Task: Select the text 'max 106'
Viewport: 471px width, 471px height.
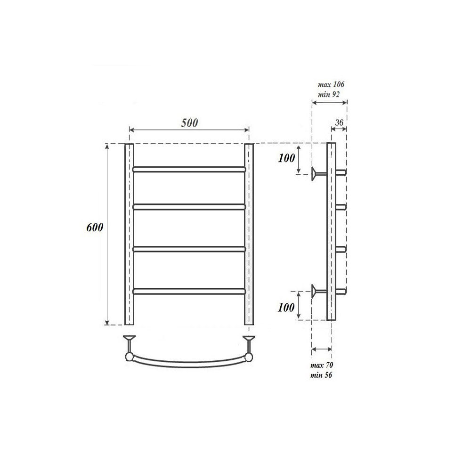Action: pyautogui.click(x=331, y=85)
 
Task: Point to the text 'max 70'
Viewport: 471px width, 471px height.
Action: pyautogui.click(x=322, y=365)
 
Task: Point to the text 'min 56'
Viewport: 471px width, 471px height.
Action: pyautogui.click(x=322, y=375)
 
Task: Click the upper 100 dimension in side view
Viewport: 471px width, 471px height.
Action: pyautogui.click(x=286, y=158)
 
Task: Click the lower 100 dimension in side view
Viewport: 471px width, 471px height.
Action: pyautogui.click(x=286, y=308)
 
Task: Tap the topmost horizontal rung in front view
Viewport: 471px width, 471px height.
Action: pyautogui.click(x=189, y=168)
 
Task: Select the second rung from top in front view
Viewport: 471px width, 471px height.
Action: pyautogui.click(x=189, y=206)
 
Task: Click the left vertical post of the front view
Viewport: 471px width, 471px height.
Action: pyautogui.click(x=129, y=234)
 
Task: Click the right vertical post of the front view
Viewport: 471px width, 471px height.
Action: pyautogui.click(x=249, y=234)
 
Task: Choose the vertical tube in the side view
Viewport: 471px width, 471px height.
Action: pyautogui.click(x=331, y=231)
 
